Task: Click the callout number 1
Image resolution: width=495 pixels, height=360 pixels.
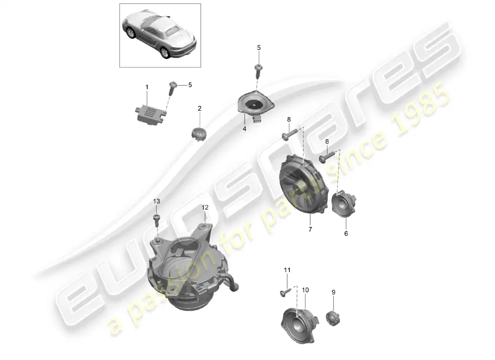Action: (147, 87)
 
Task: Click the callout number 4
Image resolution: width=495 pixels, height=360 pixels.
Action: (244, 129)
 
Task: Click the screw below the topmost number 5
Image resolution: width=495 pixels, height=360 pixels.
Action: (259, 72)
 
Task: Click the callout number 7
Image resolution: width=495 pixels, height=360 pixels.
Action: (310, 229)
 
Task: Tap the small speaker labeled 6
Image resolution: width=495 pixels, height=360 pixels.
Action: (344, 204)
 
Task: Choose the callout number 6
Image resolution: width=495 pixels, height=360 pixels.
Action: (346, 234)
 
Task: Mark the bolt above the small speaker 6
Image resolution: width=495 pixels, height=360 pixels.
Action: (327, 157)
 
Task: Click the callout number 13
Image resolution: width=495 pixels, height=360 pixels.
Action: (157, 201)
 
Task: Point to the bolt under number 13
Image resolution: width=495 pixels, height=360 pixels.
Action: (157, 220)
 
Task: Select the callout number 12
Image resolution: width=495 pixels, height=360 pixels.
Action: (205, 207)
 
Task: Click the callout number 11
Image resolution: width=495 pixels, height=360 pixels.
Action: (287, 270)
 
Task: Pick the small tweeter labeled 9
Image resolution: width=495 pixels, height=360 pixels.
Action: (333, 318)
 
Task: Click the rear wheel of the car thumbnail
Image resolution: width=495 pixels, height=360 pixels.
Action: (164, 53)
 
